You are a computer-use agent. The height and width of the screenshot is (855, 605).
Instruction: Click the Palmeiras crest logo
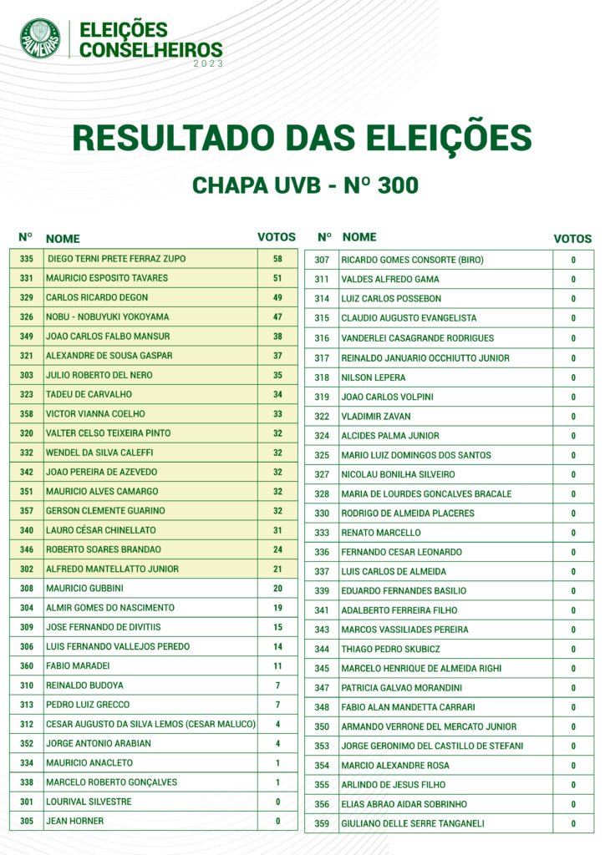pyautogui.click(x=40, y=39)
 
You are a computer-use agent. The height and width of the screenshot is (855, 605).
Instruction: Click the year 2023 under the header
pyautogui.click(x=208, y=63)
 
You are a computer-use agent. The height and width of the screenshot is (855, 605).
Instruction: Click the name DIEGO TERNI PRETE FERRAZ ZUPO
pyautogui.click(x=116, y=259)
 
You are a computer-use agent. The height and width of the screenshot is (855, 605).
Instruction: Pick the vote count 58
pyautogui.click(x=277, y=259)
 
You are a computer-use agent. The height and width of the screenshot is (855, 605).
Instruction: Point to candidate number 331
pyautogui.click(x=27, y=278)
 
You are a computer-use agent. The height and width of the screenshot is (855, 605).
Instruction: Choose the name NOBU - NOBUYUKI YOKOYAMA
pyautogui.click(x=107, y=317)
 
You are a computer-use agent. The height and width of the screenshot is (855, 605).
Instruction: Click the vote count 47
pyautogui.click(x=277, y=317)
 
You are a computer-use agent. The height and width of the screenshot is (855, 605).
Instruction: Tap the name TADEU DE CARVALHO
pyautogui.click(x=89, y=394)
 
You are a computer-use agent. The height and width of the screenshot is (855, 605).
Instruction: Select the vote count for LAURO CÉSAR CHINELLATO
pyautogui.click(x=277, y=530)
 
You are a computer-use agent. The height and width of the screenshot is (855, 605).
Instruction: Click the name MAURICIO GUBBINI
pyautogui.click(x=84, y=589)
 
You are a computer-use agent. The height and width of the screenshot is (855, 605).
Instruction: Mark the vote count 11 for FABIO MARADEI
pyautogui.click(x=277, y=666)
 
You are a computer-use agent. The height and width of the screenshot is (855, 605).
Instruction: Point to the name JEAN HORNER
pyautogui.click(x=75, y=822)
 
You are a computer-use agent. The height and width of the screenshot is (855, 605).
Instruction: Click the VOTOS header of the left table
pyautogui.click(x=277, y=237)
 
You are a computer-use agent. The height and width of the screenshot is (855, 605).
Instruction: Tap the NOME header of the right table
pyautogui.click(x=359, y=237)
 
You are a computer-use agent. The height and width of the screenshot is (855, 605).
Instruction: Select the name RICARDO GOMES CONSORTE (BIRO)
pyautogui.click(x=412, y=260)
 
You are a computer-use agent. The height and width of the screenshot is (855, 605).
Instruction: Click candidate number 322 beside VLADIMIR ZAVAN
pyautogui.click(x=322, y=416)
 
